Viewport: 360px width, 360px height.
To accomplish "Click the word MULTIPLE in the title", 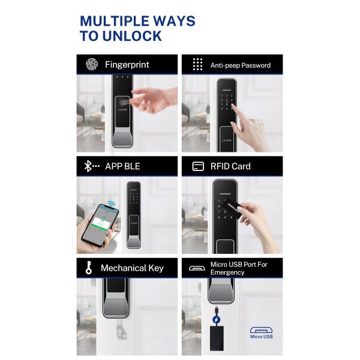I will pyautogui.click(x=112, y=22).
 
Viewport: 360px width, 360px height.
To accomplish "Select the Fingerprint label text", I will pyautogui.click(x=127, y=65).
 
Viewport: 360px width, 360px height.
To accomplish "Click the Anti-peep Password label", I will pyautogui.click(x=240, y=65).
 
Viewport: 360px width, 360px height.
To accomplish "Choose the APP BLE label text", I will pyautogui.click(x=122, y=166).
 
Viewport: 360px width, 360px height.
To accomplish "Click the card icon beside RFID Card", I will pyautogui.click(x=197, y=166).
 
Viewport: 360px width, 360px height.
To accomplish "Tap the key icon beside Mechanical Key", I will pyautogui.click(x=89, y=268).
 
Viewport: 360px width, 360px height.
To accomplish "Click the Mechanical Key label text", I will pyautogui.click(x=132, y=268).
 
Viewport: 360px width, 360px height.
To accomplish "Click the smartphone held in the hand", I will pyautogui.click(x=98, y=223).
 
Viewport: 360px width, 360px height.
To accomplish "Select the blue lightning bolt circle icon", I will pyautogui.click(x=216, y=319).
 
